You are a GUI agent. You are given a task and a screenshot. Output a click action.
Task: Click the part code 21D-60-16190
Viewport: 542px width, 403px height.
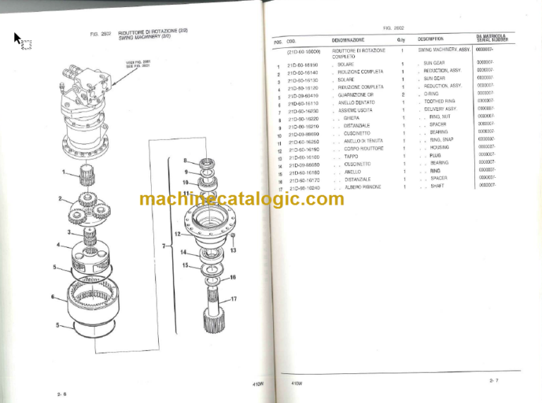[x=303, y=149]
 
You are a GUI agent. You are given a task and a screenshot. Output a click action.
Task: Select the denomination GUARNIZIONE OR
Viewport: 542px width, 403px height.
[x=356, y=95]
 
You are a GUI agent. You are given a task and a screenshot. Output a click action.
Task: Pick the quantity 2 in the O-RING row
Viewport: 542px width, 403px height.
[x=402, y=95]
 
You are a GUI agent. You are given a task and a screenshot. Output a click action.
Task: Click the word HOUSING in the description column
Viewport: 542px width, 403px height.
[x=439, y=148]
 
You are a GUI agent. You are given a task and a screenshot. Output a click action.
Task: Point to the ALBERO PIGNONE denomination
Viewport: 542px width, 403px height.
[x=363, y=187]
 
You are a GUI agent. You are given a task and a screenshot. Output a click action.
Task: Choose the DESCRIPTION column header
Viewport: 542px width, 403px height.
[x=430, y=40]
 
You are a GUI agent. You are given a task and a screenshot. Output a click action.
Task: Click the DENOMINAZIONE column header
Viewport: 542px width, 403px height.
[x=348, y=40]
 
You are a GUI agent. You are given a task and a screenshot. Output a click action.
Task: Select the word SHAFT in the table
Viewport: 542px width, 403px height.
[x=436, y=186]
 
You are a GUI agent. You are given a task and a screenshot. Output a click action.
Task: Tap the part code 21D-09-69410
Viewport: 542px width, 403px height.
[x=303, y=95]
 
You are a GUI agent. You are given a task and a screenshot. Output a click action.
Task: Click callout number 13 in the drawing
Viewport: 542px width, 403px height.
[x=233, y=251]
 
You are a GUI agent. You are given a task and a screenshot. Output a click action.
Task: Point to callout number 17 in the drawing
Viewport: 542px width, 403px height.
[x=233, y=300]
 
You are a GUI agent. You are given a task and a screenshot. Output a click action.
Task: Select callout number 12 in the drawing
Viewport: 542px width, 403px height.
[x=178, y=234]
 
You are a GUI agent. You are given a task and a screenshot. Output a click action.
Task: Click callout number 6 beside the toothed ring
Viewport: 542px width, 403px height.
[x=53, y=297]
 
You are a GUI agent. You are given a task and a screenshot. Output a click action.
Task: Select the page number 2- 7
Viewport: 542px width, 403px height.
[x=493, y=380]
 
